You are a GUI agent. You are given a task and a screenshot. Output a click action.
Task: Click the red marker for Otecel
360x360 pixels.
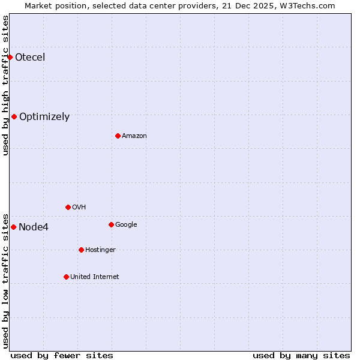click(x=10, y=57)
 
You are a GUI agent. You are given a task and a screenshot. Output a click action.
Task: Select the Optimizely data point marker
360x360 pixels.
click(x=14, y=116)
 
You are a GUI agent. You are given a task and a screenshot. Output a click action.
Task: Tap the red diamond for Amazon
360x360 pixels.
click(x=118, y=136)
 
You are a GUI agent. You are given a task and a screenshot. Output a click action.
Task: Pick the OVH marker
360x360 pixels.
click(x=68, y=207)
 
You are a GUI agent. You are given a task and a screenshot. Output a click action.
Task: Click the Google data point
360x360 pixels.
click(x=111, y=224)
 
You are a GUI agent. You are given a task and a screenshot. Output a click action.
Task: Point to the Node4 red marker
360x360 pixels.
click(x=13, y=227)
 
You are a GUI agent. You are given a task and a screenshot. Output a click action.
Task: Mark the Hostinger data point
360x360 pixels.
click(x=81, y=250)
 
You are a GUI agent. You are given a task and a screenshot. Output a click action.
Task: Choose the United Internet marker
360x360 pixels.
click(x=66, y=277)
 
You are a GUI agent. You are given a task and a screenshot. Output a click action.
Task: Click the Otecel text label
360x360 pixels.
click(x=30, y=58)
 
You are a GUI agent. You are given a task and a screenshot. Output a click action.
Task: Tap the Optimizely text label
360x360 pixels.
click(x=44, y=117)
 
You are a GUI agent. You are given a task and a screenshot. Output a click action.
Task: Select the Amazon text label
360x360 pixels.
click(x=134, y=136)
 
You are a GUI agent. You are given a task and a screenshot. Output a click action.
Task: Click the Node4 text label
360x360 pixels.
click(x=34, y=227)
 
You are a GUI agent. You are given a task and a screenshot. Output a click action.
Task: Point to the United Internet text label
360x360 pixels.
click(x=95, y=277)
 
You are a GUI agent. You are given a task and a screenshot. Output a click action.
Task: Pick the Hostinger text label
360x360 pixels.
click(x=100, y=250)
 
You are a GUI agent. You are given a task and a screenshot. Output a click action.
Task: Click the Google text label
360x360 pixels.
click(x=126, y=225)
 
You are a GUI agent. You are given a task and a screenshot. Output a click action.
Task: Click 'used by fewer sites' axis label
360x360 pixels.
click(x=62, y=355)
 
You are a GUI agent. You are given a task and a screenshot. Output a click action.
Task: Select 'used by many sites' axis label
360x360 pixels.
click(x=301, y=355)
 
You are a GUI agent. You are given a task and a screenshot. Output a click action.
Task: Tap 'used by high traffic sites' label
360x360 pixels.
click(x=5, y=85)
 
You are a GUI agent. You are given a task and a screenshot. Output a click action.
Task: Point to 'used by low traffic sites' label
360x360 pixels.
click(x=5, y=280)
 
